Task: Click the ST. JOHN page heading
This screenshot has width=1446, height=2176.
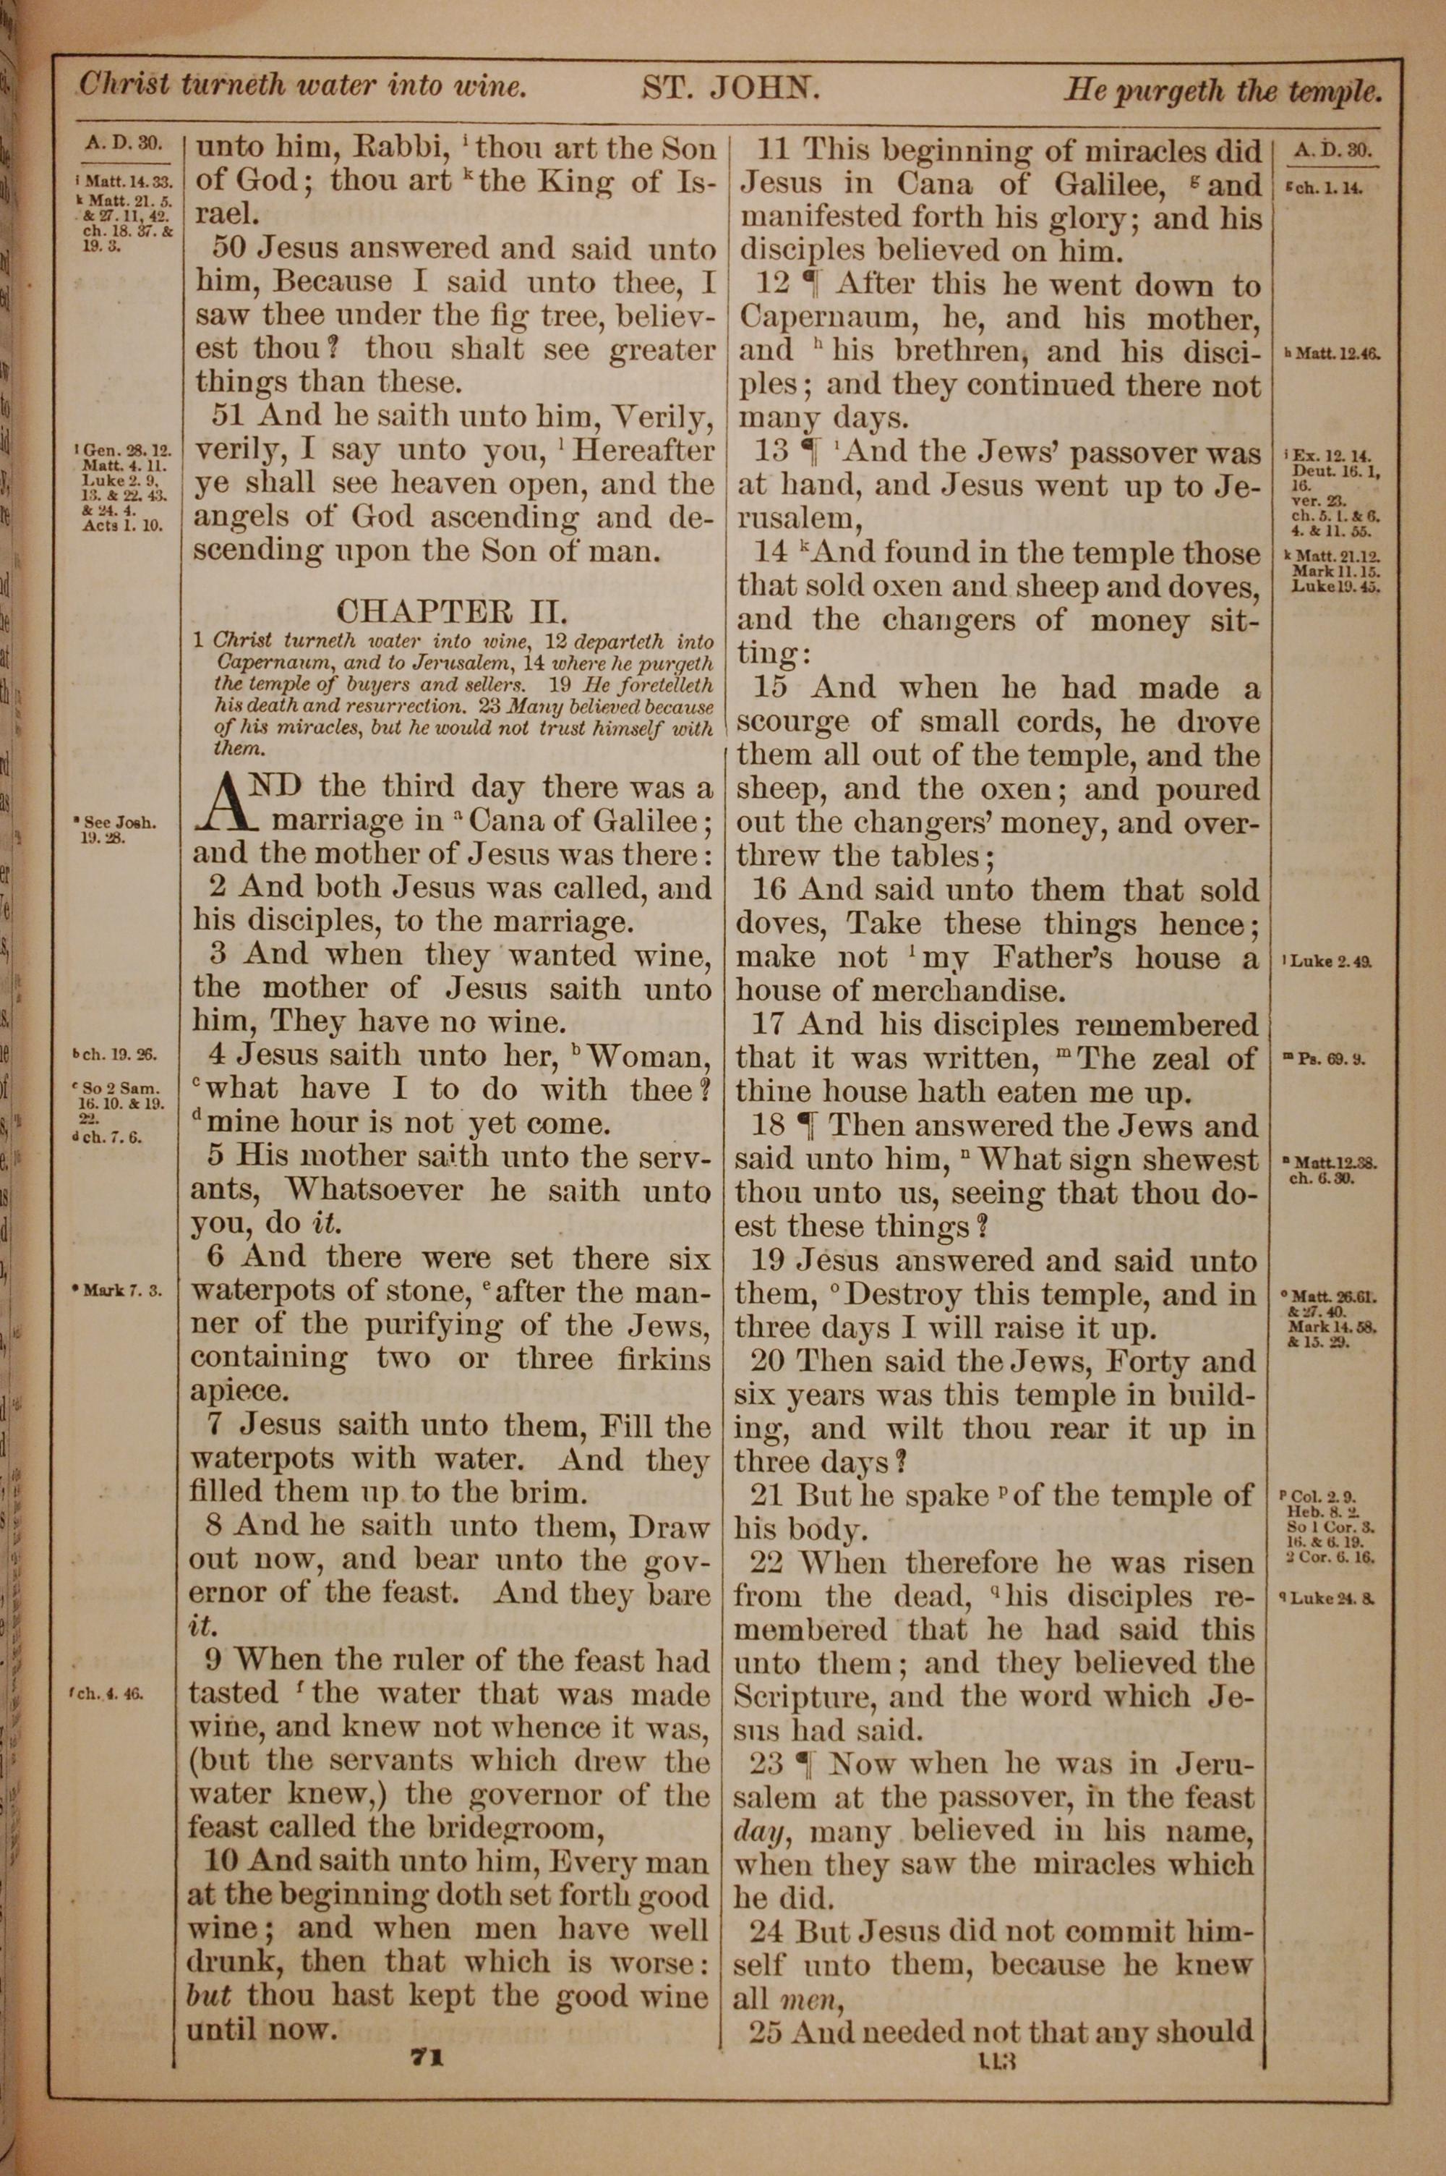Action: coord(730,90)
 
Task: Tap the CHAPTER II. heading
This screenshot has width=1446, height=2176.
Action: coord(451,611)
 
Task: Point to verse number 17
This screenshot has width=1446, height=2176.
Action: coord(767,1025)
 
